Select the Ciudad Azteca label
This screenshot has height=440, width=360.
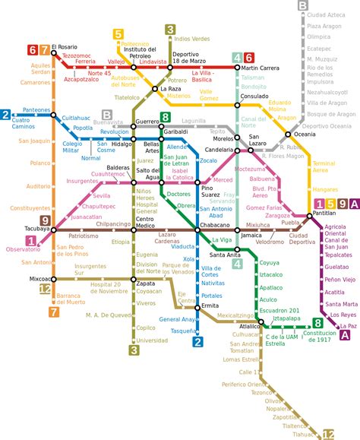(x=327, y=14)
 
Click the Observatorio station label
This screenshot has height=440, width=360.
(x=23, y=249)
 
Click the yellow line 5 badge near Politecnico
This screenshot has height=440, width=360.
(x=118, y=33)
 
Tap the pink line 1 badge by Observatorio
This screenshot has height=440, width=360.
(x=31, y=241)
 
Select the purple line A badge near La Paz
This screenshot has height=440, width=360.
(x=346, y=335)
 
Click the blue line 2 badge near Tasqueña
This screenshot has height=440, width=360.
(x=198, y=341)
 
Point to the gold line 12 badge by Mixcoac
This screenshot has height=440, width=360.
(x=46, y=289)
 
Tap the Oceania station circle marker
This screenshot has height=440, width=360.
(x=288, y=135)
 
